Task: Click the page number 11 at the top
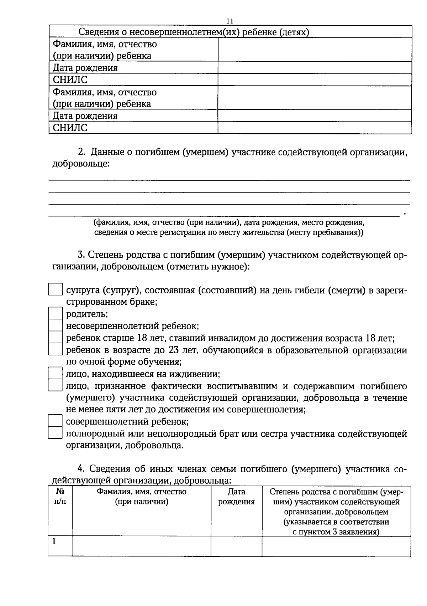click(230, 21)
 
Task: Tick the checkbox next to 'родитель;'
click(55, 313)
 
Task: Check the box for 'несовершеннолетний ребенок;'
click(55, 325)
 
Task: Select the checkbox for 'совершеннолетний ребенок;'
click(55, 421)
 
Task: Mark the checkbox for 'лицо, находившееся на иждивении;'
click(55, 373)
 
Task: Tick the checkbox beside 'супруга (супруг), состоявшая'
click(55, 289)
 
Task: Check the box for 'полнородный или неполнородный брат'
click(55, 433)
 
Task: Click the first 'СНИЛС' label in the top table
click(70, 79)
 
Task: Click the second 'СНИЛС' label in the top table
click(70, 128)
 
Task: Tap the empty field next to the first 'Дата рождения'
click(315, 67)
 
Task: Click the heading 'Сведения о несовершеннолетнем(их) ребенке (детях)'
click(194, 32)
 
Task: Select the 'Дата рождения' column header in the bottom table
click(236, 497)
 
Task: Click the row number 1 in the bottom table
click(54, 541)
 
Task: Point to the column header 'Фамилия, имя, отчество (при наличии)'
click(141, 497)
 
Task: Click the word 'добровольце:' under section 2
click(81, 164)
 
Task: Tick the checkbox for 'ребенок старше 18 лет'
click(55, 337)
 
